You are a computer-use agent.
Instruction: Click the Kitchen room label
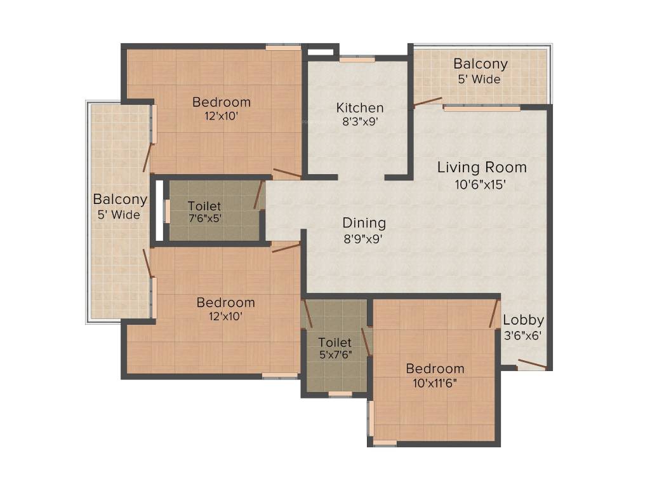click(360, 107)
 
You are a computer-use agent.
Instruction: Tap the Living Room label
click(482, 167)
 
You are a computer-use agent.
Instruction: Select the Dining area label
click(364, 223)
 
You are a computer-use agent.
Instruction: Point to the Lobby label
click(523, 320)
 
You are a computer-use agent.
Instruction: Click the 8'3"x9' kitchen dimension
click(361, 121)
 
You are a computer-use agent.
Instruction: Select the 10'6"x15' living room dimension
click(481, 184)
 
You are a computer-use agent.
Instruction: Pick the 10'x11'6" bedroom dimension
click(435, 383)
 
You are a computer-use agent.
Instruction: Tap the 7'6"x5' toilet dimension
click(205, 219)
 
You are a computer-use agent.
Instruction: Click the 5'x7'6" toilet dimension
click(336, 355)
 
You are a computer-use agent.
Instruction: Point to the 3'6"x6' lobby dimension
click(523, 335)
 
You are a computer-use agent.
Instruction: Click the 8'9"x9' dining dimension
click(362, 239)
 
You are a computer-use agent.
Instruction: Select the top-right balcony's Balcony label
click(481, 64)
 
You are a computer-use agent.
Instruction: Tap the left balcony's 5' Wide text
click(119, 215)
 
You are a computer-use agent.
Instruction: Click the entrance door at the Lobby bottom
click(532, 364)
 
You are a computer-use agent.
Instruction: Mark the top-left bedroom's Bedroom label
click(222, 102)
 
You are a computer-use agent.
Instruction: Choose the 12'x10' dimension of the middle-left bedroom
click(225, 316)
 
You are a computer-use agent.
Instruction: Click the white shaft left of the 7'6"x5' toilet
click(159, 210)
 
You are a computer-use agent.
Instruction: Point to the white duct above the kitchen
click(320, 52)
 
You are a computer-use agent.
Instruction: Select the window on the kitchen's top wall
click(357, 60)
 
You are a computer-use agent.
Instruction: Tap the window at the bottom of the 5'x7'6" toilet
click(340, 394)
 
